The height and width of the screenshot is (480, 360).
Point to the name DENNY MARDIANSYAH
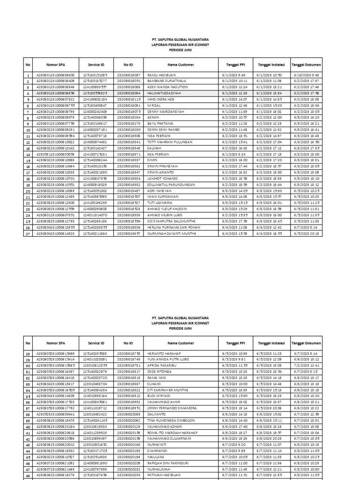click(163, 112)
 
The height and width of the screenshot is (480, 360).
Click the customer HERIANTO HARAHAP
click(163, 353)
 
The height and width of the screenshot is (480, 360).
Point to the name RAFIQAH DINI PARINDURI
click(167, 463)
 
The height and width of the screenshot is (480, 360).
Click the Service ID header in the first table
click(96, 64)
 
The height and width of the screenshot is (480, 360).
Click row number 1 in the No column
click(28, 75)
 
